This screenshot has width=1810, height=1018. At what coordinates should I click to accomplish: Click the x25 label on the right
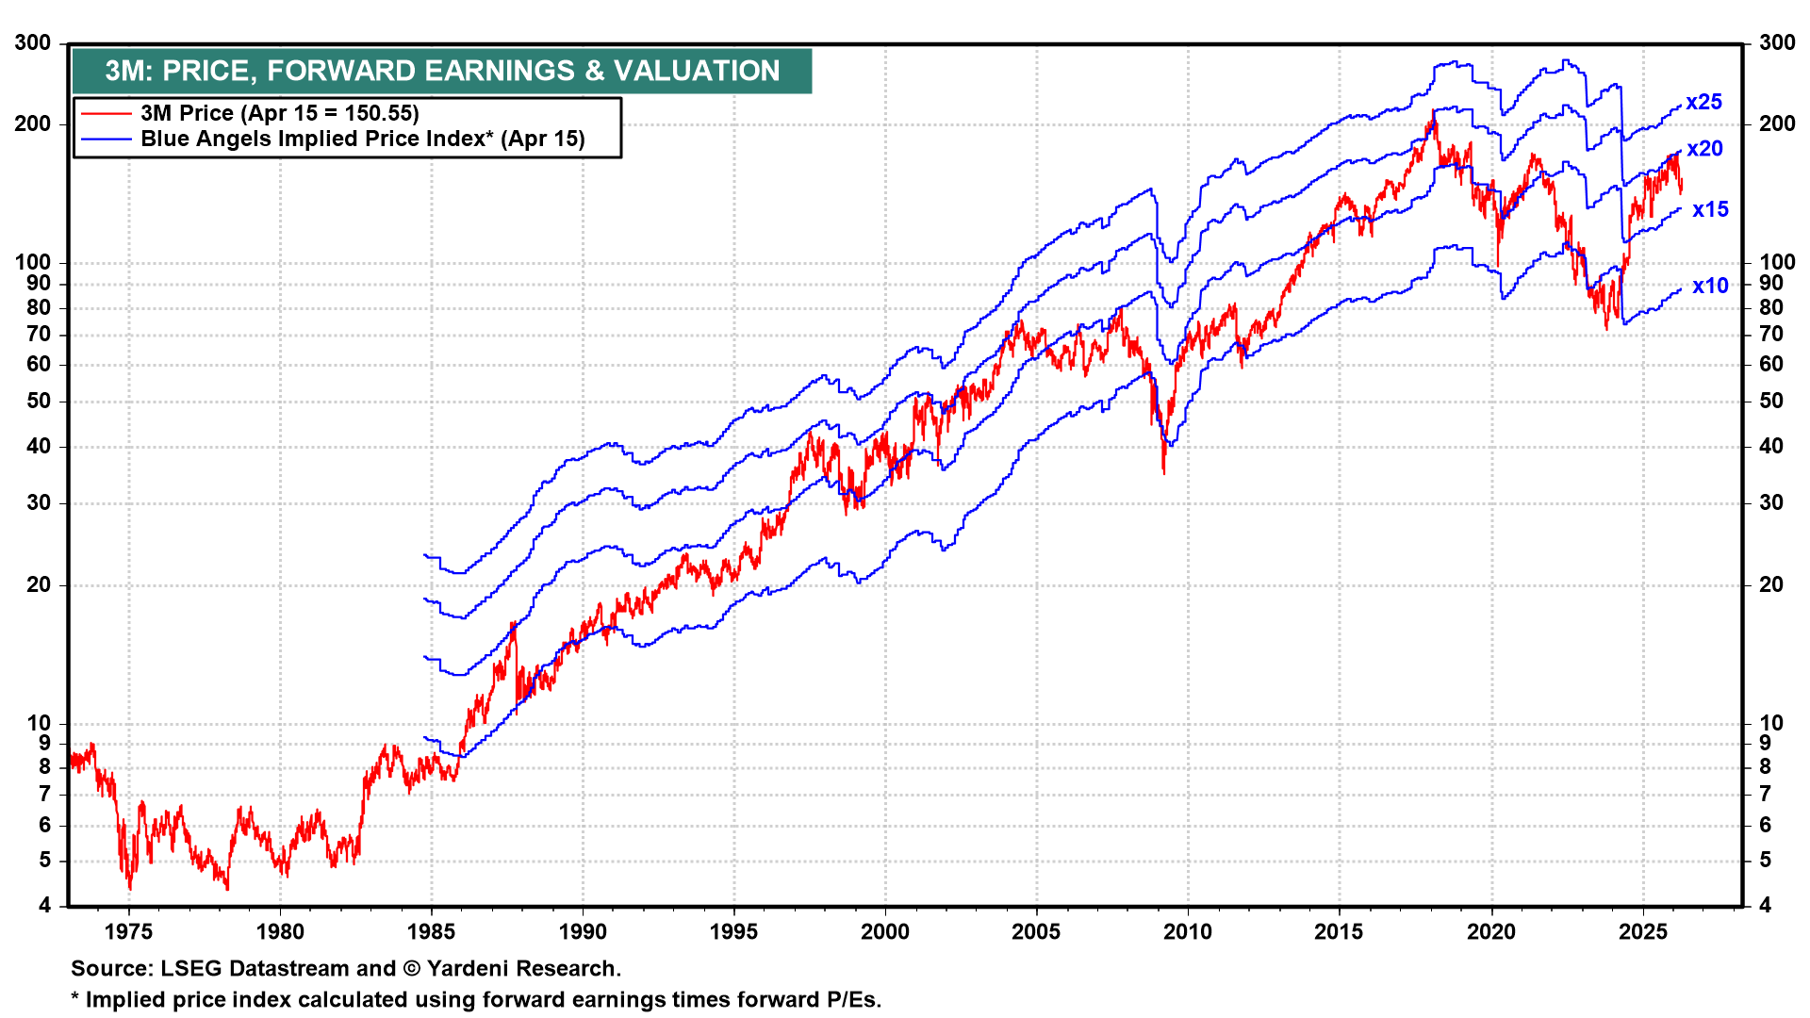click(1703, 102)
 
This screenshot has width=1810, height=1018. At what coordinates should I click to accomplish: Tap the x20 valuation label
click(1704, 149)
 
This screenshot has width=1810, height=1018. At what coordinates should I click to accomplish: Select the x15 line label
click(1710, 209)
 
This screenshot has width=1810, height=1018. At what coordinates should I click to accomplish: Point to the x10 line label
click(1710, 287)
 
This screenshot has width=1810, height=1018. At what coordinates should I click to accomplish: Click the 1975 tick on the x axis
click(128, 932)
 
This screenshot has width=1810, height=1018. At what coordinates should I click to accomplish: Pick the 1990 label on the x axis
click(583, 932)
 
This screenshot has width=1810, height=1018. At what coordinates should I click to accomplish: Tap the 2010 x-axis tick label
click(1188, 932)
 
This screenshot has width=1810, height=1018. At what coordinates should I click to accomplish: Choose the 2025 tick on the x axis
click(1643, 932)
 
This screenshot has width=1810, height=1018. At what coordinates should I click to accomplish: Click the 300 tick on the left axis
click(33, 43)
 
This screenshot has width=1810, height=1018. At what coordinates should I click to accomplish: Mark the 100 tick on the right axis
click(1777, 262)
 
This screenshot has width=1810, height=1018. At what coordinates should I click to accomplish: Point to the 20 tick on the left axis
click(39, 584)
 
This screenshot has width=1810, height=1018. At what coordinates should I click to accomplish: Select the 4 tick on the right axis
click(1765, 906)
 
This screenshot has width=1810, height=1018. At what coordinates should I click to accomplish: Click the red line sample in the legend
click(106, 114)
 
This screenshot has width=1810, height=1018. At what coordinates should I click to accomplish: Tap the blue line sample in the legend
click(106, 140)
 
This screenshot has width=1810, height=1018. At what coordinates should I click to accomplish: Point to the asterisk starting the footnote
click(75, 998)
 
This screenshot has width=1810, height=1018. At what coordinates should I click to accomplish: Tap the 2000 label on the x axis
click(885, 932)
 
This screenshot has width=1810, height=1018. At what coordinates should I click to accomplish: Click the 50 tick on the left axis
click(39, 402)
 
